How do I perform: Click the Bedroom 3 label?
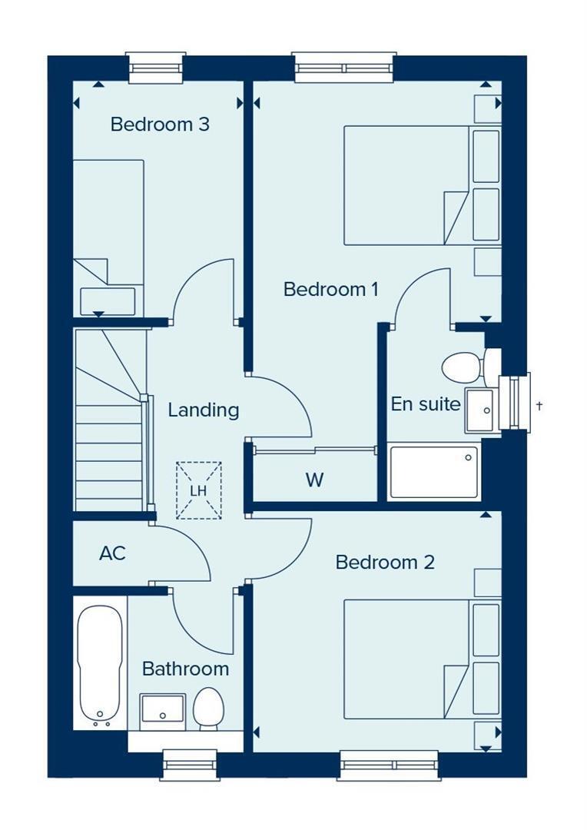click(x=160, y=124)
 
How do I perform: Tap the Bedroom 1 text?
click(x=331, y=289)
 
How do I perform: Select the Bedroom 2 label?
click(x=385, y=562)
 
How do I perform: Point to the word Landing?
click(x=204, y=410)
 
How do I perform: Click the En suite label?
click(x=426, y=404)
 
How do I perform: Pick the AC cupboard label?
click(x=112, y=553)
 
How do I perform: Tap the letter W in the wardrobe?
click(x=314, y=480)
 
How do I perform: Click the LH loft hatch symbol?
click(x=198, y=490)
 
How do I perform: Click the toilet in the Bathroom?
click(x=208, y=709)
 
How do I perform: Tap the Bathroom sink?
click(x=162, y=712)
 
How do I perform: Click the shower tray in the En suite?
click(x=433, y=472)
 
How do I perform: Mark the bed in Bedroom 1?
click(x=406, y=185)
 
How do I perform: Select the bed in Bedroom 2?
click(x=406, y=659)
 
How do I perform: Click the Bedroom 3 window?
click(x=156, y=68)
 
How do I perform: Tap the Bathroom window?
click(x=191, y=765)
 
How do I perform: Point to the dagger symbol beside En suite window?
click(x=539, y=406)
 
